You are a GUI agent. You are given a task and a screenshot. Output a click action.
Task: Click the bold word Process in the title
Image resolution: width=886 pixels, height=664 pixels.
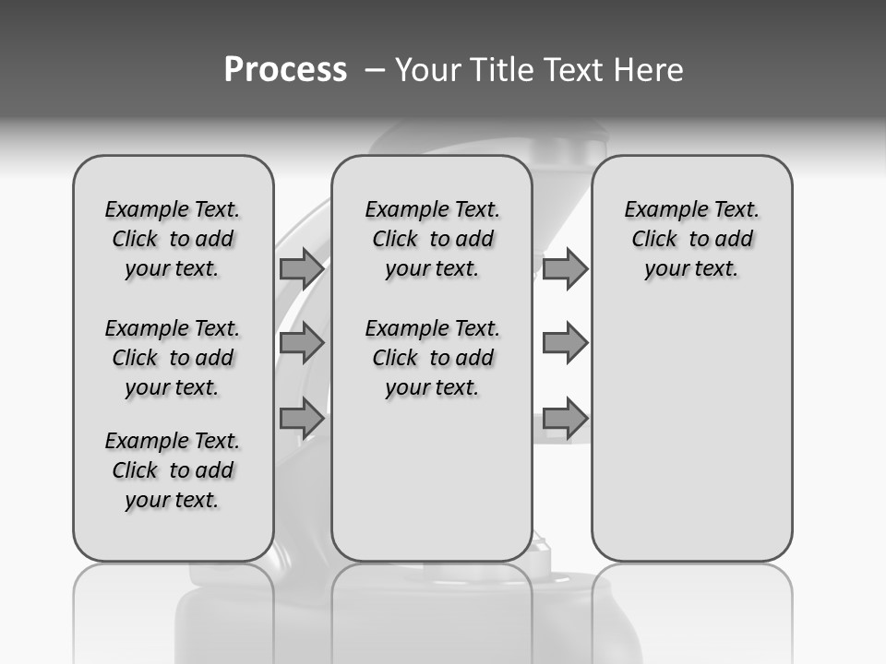click(x=285, y=70)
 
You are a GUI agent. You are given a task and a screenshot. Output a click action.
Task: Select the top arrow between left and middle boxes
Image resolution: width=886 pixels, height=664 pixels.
click(x=302, y=268)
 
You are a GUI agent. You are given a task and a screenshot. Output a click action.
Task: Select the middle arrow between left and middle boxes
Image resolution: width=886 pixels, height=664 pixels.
click(x=302, y=343)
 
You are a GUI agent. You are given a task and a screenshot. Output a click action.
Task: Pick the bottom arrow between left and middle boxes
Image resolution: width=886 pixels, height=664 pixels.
click(x=302, y=418)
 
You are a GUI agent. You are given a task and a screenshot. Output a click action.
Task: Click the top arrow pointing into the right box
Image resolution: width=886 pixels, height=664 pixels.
click(x=565, y=268)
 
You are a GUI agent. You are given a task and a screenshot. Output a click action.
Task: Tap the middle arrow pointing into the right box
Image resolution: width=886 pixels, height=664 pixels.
click(x=565, y=343)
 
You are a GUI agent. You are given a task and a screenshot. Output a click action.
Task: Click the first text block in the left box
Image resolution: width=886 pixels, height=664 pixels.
click(x=173, y=239)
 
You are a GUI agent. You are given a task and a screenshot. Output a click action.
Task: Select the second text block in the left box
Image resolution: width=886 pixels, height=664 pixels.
click(x=173, y=358)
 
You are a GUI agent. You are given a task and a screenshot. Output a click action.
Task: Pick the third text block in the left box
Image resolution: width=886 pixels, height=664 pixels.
click(x=173, y=470)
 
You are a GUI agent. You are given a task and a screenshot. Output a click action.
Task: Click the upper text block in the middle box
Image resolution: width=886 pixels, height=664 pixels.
click(x=432, y=239)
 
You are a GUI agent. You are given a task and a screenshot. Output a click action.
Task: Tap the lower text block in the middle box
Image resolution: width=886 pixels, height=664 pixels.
click(x=432, y=358)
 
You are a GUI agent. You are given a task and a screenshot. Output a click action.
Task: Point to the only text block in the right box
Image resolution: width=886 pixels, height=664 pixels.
click(x=692, y=239)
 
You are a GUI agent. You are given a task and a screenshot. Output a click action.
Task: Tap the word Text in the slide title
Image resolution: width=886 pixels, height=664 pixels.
click(x=572, y=70)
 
